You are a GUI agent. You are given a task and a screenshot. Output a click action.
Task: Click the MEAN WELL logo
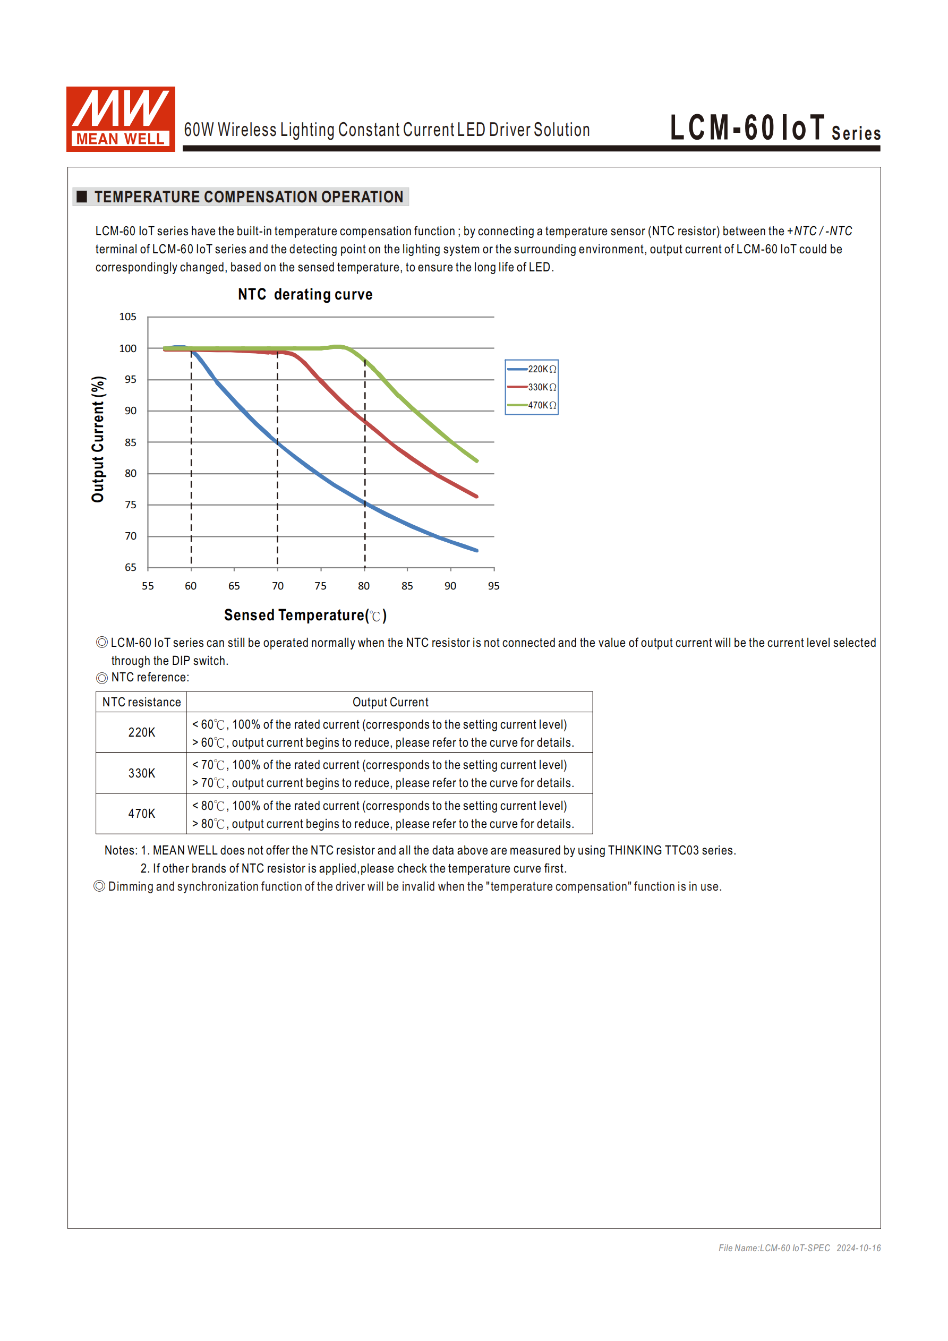click(x=121, y=119)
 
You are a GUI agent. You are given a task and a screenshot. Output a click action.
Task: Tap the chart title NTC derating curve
click(x=305, y=294)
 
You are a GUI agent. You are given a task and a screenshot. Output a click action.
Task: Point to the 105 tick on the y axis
click(x=127, y=317)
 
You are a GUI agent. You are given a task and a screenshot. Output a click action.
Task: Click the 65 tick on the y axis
click(x=130, y=567)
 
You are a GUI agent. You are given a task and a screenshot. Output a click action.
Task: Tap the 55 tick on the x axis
click(x=148, y=586)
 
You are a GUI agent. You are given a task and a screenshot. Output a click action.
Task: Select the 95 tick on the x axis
click(x=493, y=586)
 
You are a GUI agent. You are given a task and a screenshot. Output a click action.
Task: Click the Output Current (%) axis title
click(x=98, y=439)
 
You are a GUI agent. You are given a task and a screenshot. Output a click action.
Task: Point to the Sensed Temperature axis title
click(x=305, y=616)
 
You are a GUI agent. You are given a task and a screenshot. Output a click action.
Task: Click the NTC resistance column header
click(x=141, y=702)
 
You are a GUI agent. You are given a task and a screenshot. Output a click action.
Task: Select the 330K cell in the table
click(x=141, y=773)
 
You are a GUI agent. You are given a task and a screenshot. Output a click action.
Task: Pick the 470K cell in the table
click(x=141, y=814)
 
